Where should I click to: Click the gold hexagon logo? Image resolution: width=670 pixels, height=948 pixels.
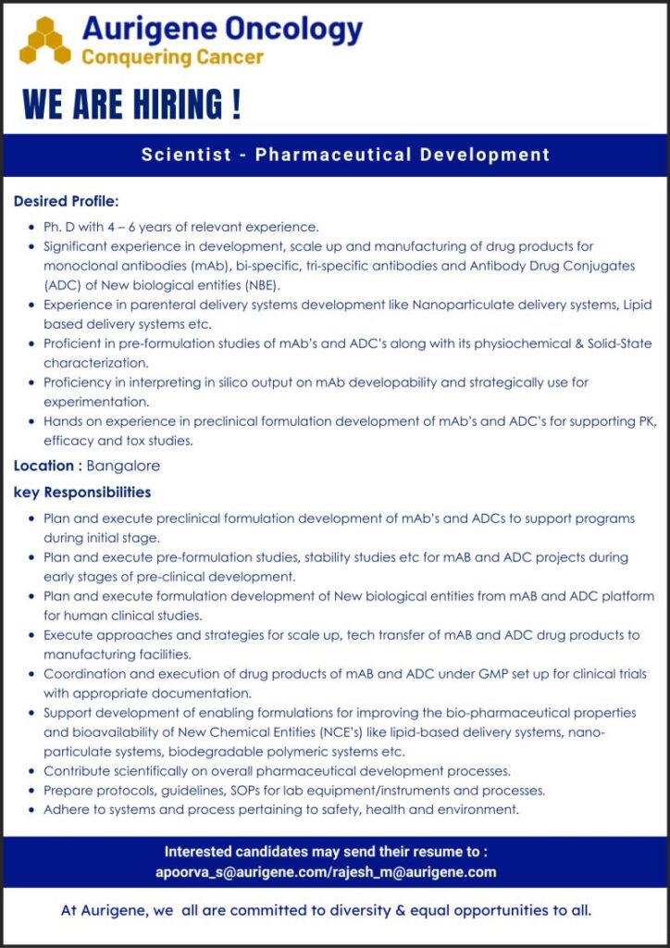[44, 42]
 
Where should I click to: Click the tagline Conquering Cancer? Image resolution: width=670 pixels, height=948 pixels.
[172, 57]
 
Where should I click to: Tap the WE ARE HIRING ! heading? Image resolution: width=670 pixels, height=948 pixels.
[132, 105]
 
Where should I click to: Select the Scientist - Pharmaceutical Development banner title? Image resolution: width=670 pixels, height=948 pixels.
[345, 155]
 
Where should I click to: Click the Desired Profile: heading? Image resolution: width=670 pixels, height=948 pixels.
[67, 201]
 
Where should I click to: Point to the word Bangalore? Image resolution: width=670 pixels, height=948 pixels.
[123, 466]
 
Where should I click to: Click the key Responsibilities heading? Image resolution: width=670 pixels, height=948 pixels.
[82, 492]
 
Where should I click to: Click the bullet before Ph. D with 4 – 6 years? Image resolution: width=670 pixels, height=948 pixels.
[33, 227]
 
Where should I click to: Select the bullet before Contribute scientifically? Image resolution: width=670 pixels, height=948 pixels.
[33, 771]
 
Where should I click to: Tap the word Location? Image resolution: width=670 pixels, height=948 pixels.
[43, 466]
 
